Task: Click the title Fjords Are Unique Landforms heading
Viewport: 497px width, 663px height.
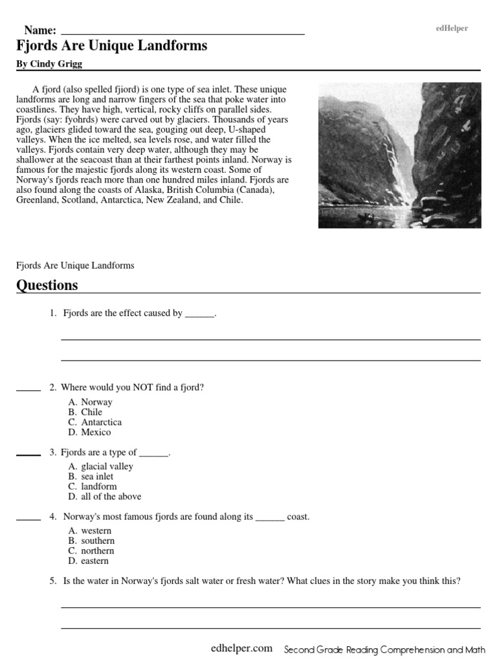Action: [112, 46]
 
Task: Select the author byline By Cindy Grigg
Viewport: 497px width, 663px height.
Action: [49, 64]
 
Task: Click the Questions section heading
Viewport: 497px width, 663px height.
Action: [47, 286]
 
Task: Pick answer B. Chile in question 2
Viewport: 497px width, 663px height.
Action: [85, 412]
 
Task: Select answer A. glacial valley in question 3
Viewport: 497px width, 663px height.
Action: [100, 466]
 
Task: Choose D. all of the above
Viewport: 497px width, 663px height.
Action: [104, 497]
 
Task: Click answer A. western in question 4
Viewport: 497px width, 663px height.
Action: [90, 531]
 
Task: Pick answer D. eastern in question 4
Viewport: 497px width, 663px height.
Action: [89, 561]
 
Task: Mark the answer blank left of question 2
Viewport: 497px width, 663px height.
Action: [28, 390]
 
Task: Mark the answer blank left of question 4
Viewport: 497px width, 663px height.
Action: [28, 519]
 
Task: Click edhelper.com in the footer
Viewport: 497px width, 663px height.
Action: [241, 649]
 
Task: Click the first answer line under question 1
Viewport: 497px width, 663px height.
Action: [271, 339]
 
